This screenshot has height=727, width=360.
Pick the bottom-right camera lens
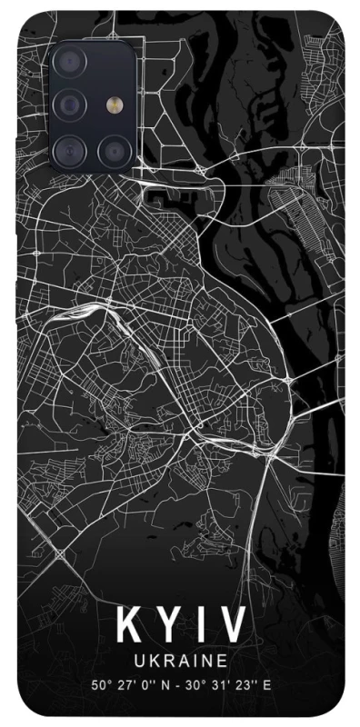113,148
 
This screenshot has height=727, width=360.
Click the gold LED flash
113,105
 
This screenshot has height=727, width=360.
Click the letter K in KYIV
129,627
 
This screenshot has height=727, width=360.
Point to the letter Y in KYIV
169,627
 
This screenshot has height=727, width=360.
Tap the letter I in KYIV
200,627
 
